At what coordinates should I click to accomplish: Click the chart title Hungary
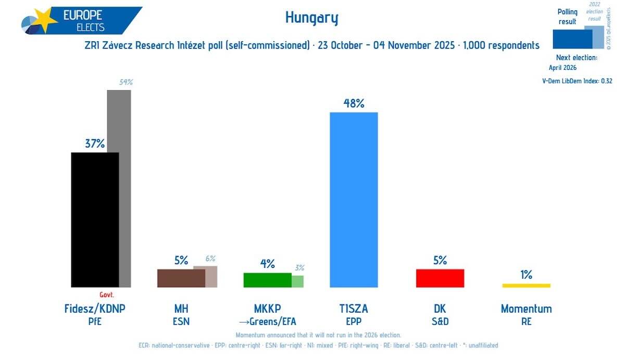[x=312, y=18]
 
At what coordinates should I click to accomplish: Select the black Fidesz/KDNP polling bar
[x=95, y=219]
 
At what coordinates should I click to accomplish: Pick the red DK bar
[x=440, y=278]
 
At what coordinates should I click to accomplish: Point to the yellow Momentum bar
[x=526, y=285]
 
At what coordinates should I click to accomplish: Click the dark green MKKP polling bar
[x=267, y=280]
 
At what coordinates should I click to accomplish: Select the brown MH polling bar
[x=181, y=278]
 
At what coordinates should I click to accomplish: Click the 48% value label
[x=354, y=103]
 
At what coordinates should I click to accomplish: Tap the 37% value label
[x=95, y=144]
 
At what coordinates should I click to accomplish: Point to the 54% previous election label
[x=126, y=82]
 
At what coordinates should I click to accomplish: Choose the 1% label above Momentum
[x=526, y=275]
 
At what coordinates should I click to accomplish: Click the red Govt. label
[x=107, y=294]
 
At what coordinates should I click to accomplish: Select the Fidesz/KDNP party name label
[x=95, y=308]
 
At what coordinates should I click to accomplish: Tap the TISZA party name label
[x=354, y=308]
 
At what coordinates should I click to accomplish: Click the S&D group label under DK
[x=440, y=321]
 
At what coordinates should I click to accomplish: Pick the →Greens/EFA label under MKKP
[x=267, y=321]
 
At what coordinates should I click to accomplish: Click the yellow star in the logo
[x=45, y=21]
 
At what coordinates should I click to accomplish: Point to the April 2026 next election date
[x=563, y=68]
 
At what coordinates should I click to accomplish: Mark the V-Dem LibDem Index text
[x=577, y=81]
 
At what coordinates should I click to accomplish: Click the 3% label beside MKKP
[x=299, y=268]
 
